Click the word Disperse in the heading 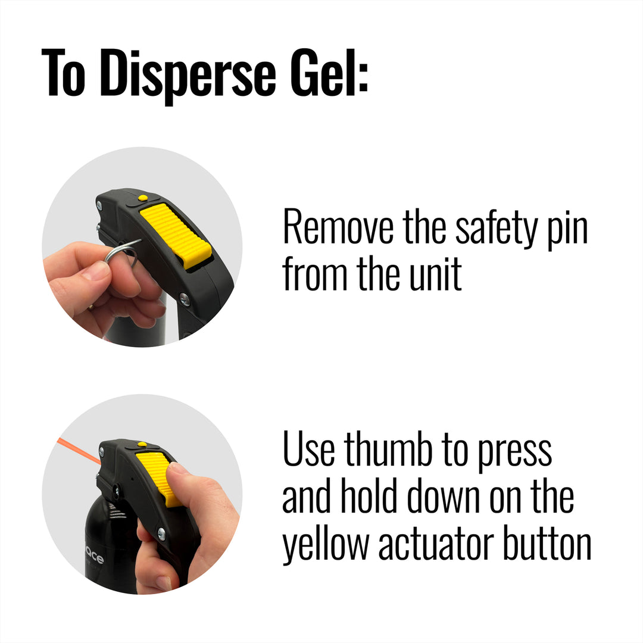coord(188,75)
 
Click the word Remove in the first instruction coord(338,227)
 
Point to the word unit coord(436,273)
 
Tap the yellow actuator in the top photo coord(176,235)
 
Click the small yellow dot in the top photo coord(143,198)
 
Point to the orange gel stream coord(78,450)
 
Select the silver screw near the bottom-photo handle coord(161,534)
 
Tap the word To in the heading coord(64,73)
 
